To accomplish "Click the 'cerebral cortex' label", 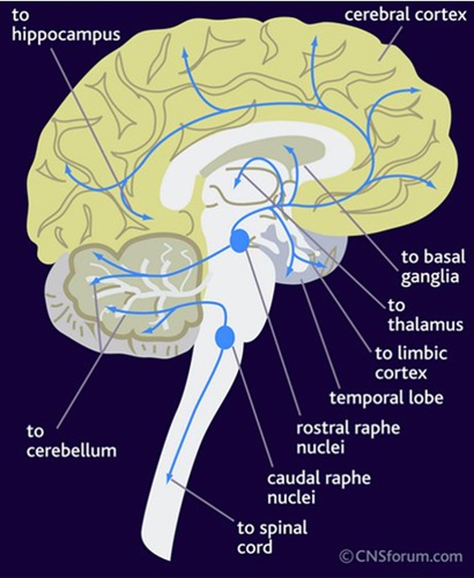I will pyautogui.click(x=406, y=15).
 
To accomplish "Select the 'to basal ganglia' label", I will pyautogui.click(x=434, y=267).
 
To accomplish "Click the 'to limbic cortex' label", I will pyautogui.click(x=411, y=363).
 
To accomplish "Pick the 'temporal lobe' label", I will pyautogui.click(x=386, y=398).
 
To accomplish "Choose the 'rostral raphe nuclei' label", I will pyautogui.click(x=348, y=437).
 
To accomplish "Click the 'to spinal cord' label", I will pyautogui.click(x=272, y=537).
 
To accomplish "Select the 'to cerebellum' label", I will pyautogui.click(x=71, y=441).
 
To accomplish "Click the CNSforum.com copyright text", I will pyautogui.click(x=401, y=557).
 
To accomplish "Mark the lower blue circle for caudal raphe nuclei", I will pyautogui.click(x=224, y=337).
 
